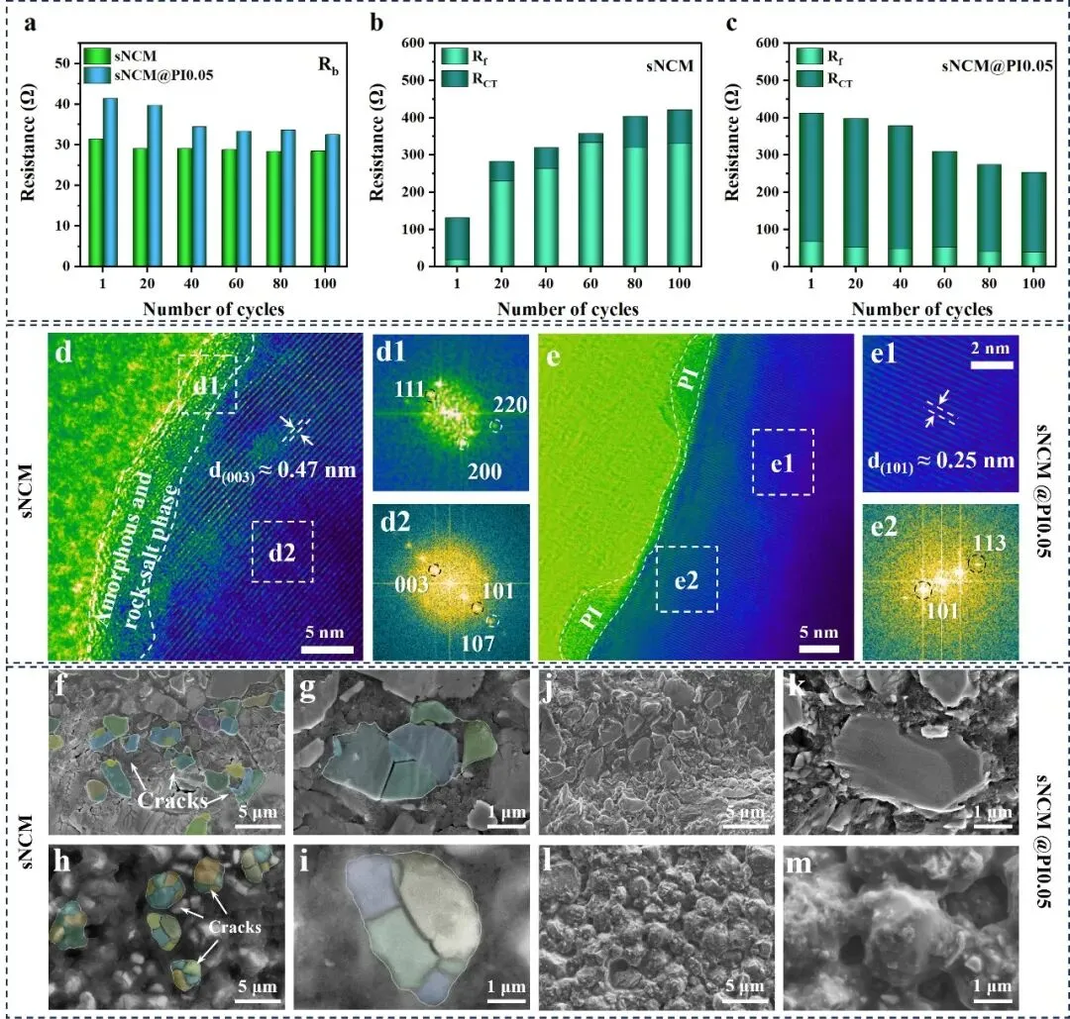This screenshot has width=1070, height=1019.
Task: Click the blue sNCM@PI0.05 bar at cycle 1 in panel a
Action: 110,182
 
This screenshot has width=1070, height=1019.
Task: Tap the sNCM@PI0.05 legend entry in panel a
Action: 148,75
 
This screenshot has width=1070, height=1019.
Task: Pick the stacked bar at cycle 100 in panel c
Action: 1033,219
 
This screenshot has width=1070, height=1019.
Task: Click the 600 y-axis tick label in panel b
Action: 413,43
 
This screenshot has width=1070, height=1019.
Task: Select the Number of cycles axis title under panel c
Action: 922,309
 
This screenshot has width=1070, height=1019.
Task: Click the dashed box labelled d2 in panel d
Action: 282,552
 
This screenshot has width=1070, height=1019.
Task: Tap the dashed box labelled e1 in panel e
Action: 783,461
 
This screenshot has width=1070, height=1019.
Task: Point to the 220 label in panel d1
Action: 510,405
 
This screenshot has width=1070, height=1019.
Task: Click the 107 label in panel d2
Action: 477,643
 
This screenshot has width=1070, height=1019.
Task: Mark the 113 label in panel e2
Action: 990,543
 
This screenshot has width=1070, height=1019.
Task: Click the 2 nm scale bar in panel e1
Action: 992,364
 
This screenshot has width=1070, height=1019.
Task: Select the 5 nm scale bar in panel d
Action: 327,650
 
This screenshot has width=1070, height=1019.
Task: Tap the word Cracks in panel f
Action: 172,799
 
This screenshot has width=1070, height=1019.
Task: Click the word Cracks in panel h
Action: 235,927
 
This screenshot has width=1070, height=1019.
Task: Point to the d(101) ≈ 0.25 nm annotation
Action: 941,461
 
